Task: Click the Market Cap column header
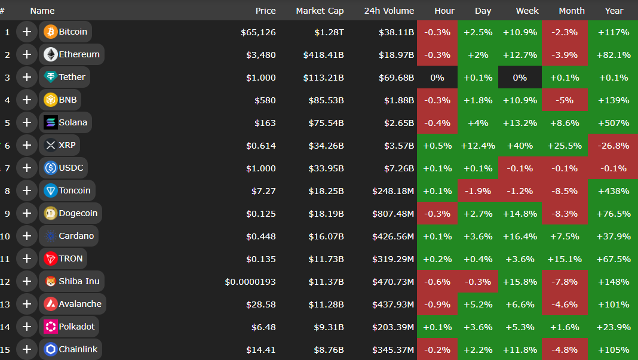[320, 11]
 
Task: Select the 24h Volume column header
[389, 11]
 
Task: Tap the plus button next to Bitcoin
[26, 32]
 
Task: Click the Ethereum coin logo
[51, 55]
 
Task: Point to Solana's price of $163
[265, 123]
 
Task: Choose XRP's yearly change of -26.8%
[613, 146]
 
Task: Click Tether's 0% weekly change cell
[520, 78]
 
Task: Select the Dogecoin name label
[78, 214]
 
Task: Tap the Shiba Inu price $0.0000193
[250, 282]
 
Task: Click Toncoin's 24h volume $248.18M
[393, 191]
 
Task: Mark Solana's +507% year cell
[613, 123]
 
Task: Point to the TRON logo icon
[51, 259]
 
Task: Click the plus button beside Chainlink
[26, 350]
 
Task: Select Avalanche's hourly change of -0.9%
[437, 304]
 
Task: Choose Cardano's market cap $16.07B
[326, 236]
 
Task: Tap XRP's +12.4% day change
[478, 146]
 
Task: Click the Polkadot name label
[76, 327]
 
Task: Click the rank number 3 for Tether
[7, 78]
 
